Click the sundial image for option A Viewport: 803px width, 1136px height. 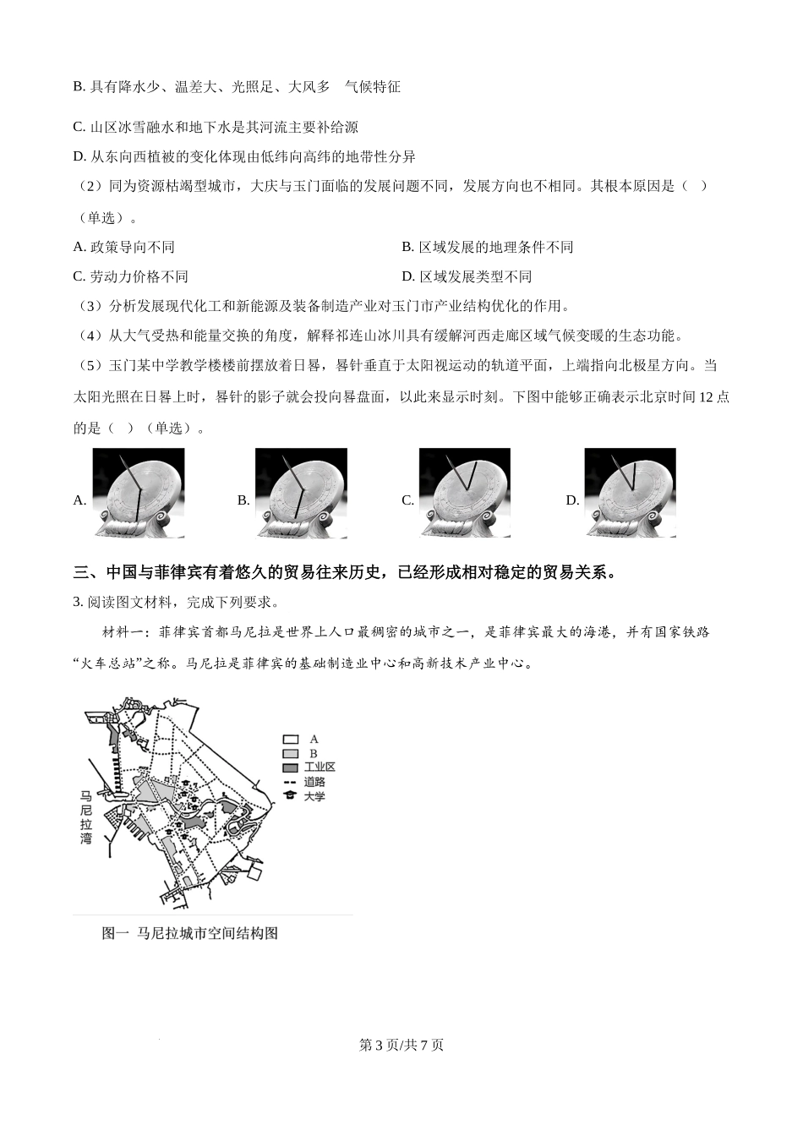pyautogui.click(x=138, y=493)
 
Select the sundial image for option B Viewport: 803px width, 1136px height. pyautogui.click(x=301, y=493)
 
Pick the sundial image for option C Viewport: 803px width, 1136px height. pyautogui.click(x=465, y=493)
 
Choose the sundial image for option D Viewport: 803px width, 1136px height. pyautogui.click(x=630, y=493)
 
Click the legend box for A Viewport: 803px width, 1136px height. pyautogui.click(x=291, y=739)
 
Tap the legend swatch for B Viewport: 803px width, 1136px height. pyautogui.click(x=291, y=753)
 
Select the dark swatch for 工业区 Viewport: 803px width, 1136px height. pyautogui.click(x=291, y=767)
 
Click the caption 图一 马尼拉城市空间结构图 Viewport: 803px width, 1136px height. pyautogui.click(x=189, y=933)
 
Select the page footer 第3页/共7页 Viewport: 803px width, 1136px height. pyautogui.click(x=401, y=1045)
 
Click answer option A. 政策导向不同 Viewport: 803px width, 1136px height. pyautogui.click(x=124, y=247)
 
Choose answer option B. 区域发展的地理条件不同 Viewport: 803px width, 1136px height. pyautogui.click(x=487, y=247)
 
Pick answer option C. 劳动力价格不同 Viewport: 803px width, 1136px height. pyautogui.click(x=131, y=276)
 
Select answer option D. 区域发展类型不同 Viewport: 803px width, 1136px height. pyautogui.click(x=467, y=276)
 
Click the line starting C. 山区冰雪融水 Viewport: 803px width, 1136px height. pyautogui.click(x=216, y=127)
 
